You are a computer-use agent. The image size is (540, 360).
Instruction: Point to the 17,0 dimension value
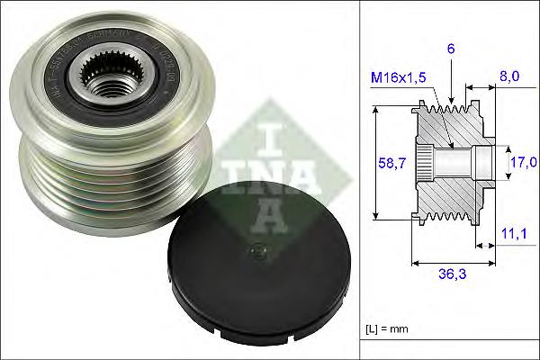521,162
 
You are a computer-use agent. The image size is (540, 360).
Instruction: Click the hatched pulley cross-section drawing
450,162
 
